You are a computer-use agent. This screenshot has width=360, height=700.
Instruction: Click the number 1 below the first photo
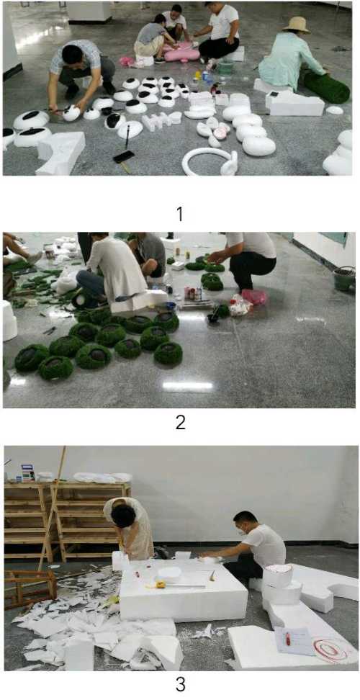[180, 215]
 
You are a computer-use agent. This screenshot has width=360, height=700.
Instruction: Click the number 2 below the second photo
[180, 422]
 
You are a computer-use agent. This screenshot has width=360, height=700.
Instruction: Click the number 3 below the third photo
[180, 683]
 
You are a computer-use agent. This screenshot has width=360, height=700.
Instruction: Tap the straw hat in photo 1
[296, 25]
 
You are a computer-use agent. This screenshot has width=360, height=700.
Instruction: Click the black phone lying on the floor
[124, 156]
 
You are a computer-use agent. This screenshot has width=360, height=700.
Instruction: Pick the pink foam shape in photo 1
[181, 52]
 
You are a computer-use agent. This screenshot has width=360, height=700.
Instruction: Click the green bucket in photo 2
[344, 278]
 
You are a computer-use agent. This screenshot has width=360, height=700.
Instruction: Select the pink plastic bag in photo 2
[254, 297]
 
